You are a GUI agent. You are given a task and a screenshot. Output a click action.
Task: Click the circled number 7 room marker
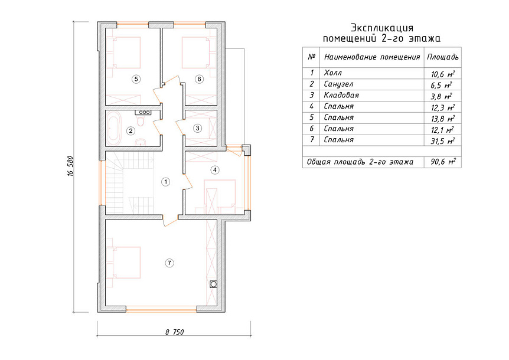click(x=169, y=263)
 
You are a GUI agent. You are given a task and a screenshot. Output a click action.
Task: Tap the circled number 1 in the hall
click(x=165, y=182)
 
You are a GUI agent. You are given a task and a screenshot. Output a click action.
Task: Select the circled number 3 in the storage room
click(x=197, y=128)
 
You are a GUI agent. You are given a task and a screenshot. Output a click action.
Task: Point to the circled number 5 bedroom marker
click(x=136, y=79)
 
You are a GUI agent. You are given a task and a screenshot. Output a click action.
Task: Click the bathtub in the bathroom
click(x=113, y=129)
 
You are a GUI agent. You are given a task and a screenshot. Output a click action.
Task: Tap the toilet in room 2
click(x=141, y=122)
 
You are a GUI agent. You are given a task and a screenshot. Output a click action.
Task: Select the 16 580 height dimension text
click(x=71, y=166)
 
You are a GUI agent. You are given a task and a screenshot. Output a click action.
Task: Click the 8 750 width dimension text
click(x=174, y=332)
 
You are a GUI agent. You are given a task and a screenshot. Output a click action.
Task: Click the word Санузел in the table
click(x=338, y=84)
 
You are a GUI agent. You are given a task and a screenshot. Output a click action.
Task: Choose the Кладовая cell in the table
click(x=341, y=95)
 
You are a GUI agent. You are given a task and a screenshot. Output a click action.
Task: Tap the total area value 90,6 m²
click(x=443, y=162)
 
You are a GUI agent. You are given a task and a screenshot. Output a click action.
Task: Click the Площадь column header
click(x=443, y=57)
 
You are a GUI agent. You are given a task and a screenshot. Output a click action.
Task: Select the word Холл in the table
click(x=332, y=73)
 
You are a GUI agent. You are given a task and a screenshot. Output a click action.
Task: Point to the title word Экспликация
click(x=382, y=28)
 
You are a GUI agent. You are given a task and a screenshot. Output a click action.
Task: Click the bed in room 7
click(x=123, y=263)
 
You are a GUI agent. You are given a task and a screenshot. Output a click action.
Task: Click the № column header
click(x=312, y=57)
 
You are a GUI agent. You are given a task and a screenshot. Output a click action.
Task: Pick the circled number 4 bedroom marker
click(x=214, y=169)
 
